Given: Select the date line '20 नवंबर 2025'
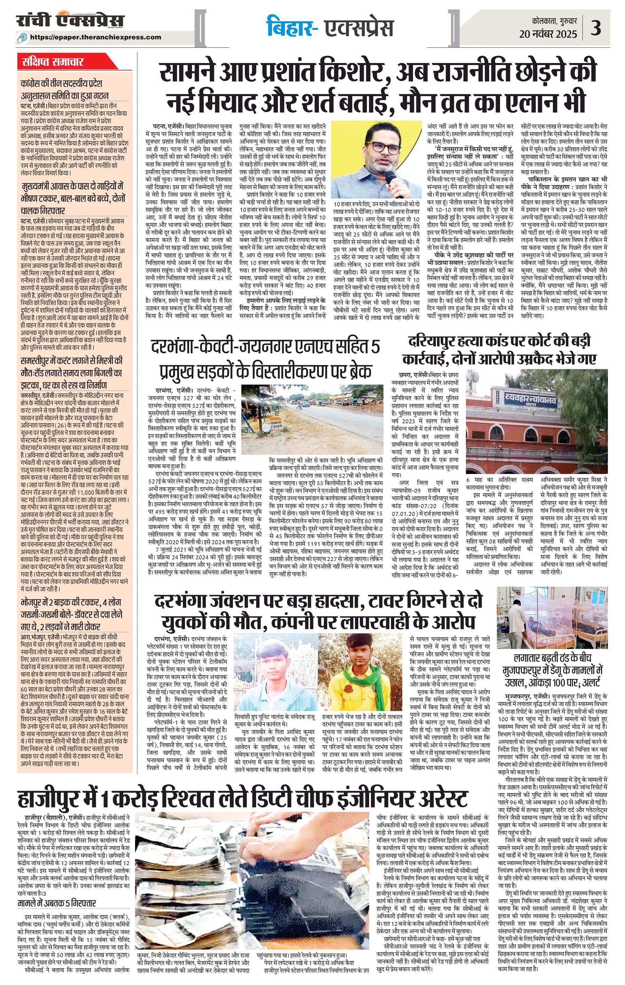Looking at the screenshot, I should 548,34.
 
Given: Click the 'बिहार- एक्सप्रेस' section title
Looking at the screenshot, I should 330,27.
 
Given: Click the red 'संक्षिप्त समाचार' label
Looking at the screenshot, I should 53,62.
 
